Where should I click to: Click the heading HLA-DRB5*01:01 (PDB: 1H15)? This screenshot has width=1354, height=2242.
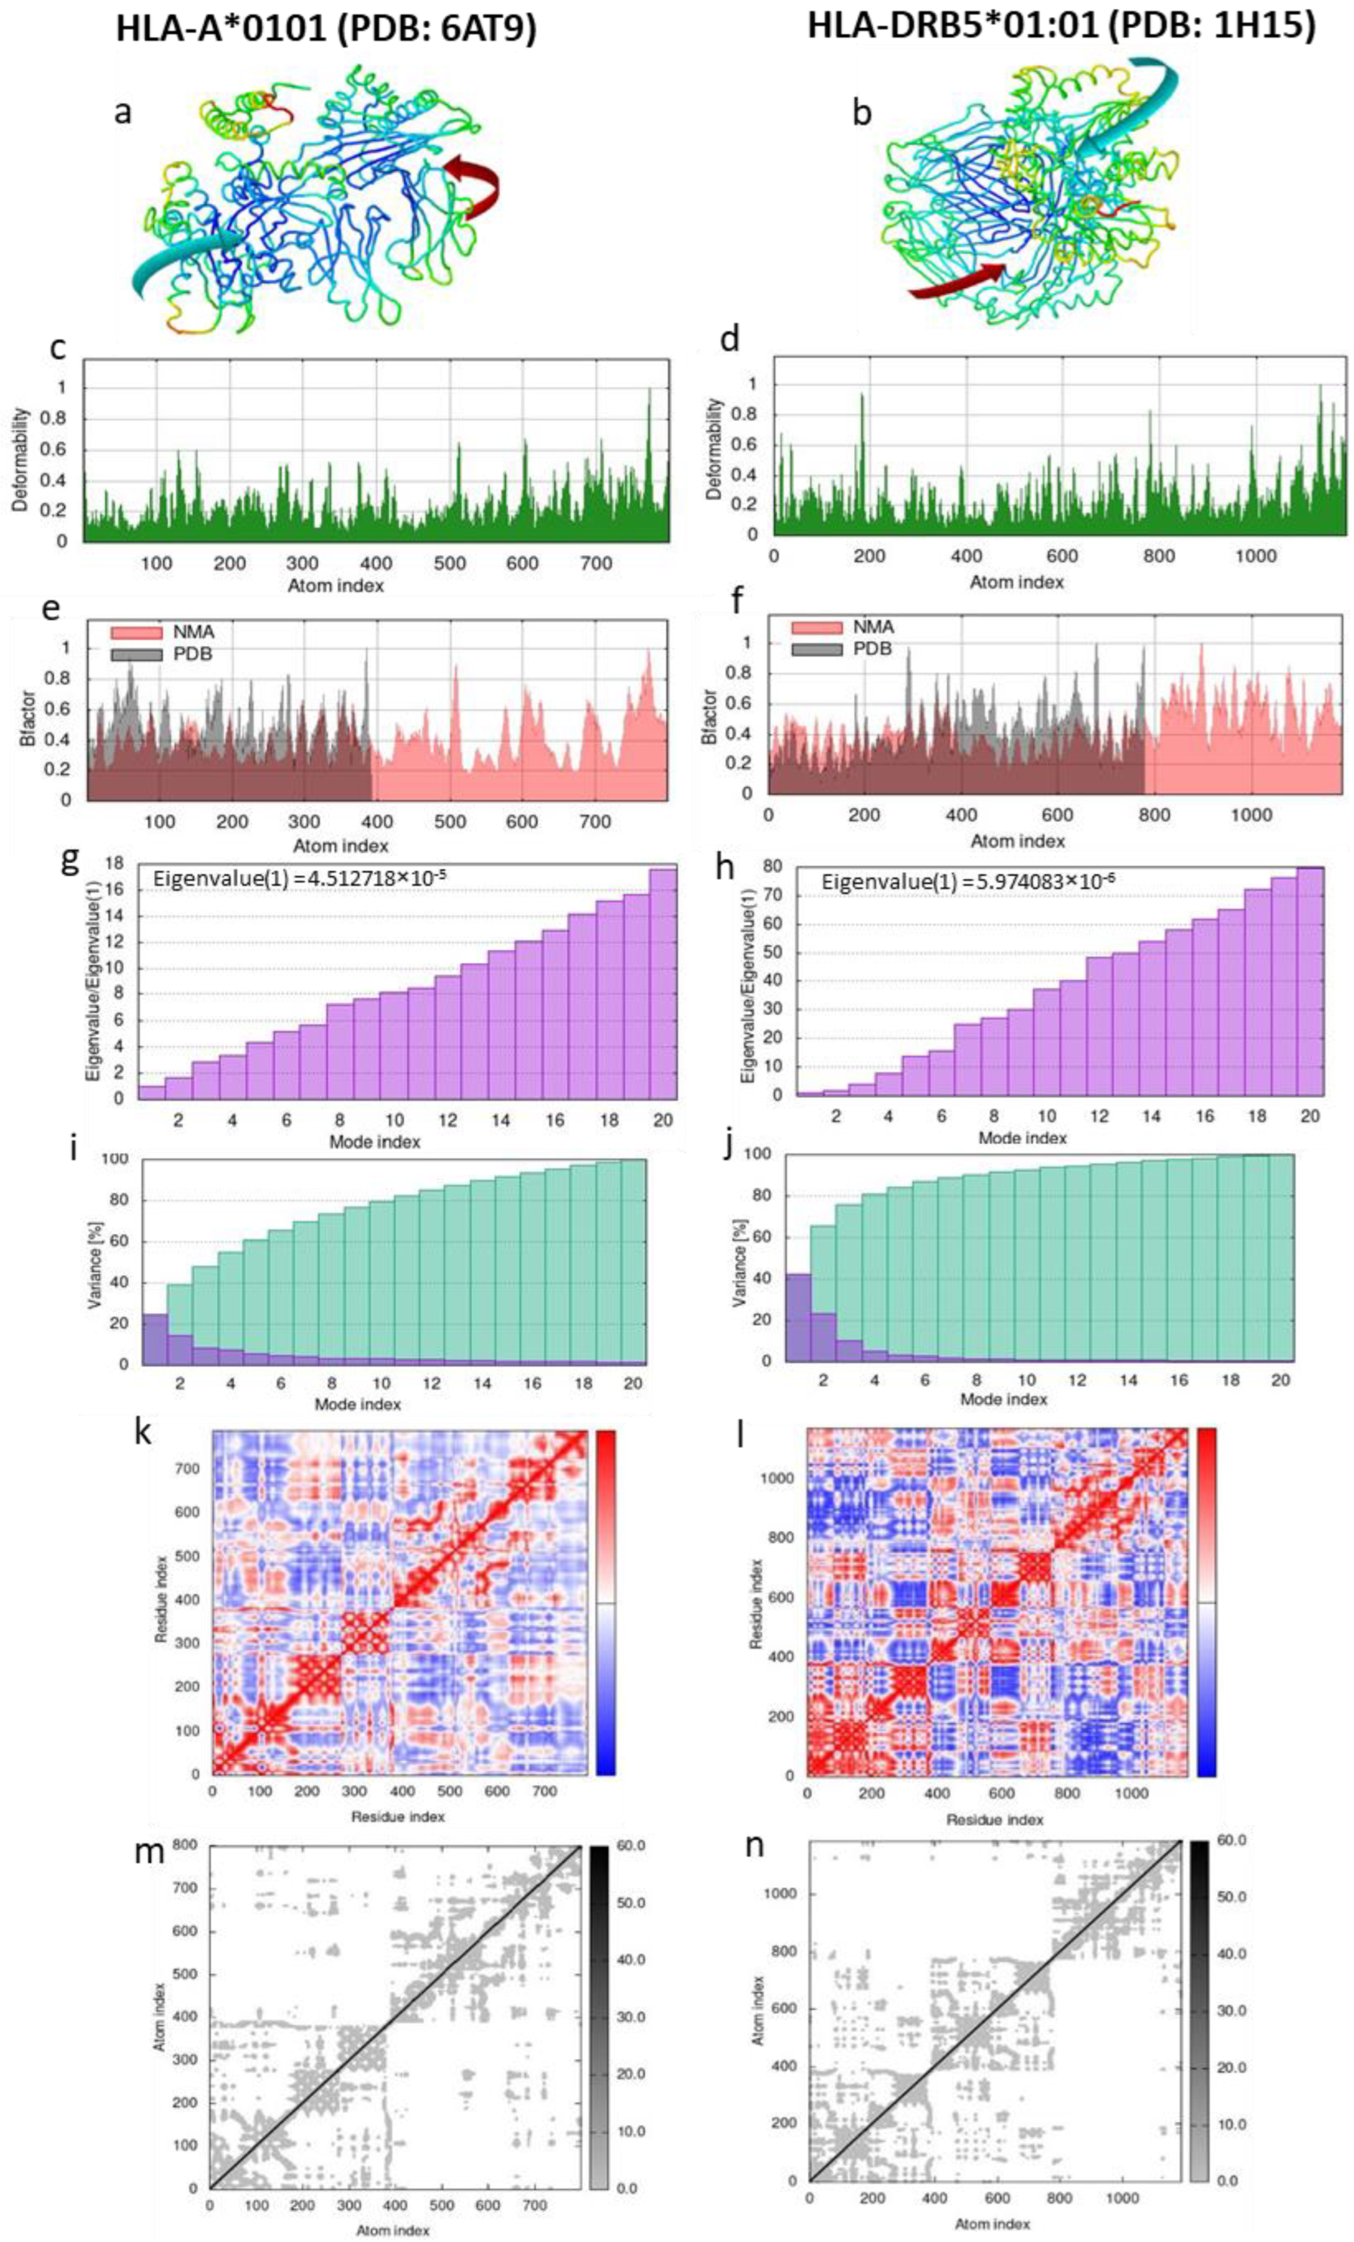[1061, 26]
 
